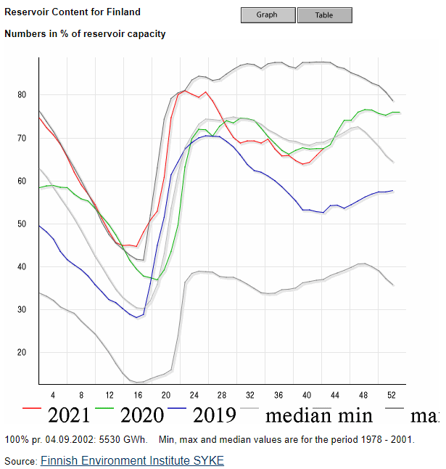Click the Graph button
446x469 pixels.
coord(268,15)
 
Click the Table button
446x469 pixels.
coord(324,15)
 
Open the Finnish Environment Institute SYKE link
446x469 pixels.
coord(132,460)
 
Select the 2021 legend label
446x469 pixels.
coord(69,415)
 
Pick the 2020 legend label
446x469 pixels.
coord(142,415)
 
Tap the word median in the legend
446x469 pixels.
coord(297,415)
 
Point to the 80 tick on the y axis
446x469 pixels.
coord(22,95)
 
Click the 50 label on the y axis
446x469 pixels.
coord(22,224)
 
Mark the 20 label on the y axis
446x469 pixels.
coord(22,353)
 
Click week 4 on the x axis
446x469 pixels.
coord(52,395)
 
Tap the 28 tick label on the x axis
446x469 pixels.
coord(222,395)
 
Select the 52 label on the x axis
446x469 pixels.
coord(392,395)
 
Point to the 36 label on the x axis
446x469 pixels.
coord(278,395)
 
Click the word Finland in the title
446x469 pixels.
coord(124,12)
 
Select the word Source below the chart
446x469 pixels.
coord(20,461)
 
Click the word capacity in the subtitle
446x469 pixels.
coord(146,33)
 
